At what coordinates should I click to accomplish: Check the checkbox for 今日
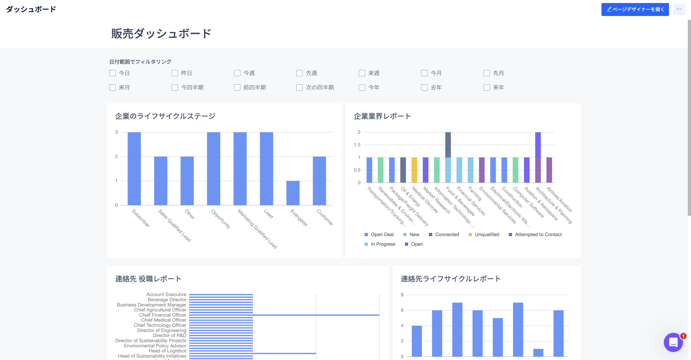pos(112,73)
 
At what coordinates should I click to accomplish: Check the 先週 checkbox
pos(299,73)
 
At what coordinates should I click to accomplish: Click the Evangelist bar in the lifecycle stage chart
pos(293,193)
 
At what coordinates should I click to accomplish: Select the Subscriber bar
pos(134,169)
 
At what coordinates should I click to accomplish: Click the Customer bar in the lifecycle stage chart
pos(319,181)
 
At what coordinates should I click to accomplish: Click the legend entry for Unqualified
pos(487,235)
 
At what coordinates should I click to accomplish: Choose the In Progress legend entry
pos(382,244)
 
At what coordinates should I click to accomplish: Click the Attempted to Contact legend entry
pos(538,235)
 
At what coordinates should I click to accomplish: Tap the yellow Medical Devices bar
pos(414,170)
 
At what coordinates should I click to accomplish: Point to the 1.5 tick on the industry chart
pos(357,145)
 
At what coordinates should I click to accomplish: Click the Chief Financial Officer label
pos(163,315)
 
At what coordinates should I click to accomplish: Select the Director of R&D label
pos(169,335)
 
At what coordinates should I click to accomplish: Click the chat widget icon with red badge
pos(673,342)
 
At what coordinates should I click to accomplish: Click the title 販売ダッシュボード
pos(161,34)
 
